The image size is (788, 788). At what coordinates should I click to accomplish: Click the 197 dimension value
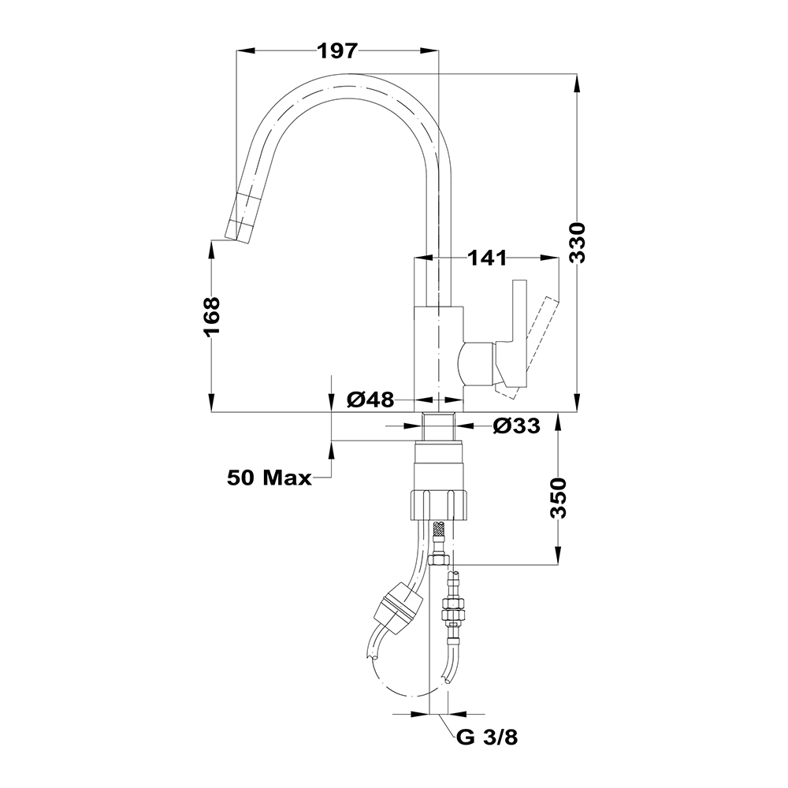click(338, 52)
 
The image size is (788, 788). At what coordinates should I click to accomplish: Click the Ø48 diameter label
click(370, 400)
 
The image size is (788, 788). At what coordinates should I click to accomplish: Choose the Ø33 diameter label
click(516, 426)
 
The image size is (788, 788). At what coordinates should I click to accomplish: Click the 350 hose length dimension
click(559, 498)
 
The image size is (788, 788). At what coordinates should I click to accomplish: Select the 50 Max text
click(269, 477)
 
